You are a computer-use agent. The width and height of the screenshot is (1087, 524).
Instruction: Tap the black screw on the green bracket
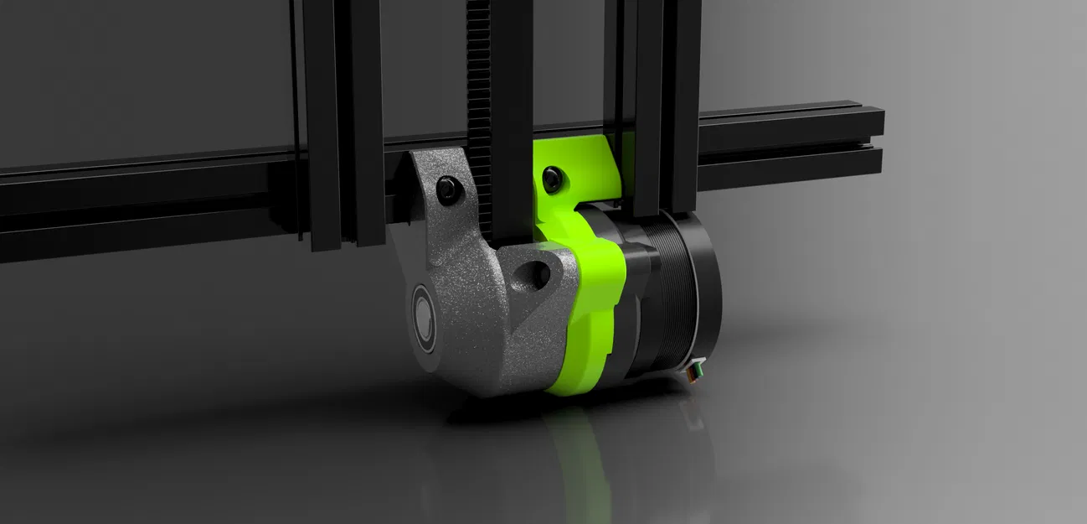(551, 177)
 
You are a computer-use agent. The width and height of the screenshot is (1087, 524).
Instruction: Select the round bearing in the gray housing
(424, 317)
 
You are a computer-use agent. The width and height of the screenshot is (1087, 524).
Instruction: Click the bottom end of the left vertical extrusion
(325, 239)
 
